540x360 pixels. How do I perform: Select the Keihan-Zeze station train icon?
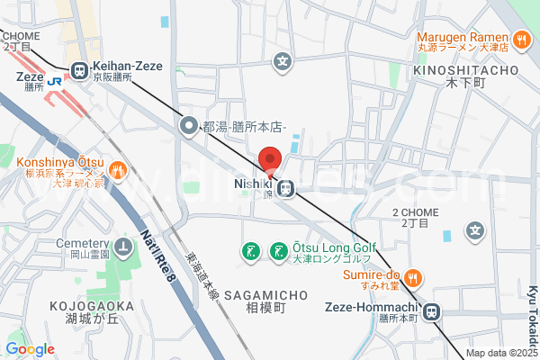79,68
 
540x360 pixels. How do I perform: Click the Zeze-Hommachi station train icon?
432,311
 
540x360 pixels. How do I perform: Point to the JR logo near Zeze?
55,80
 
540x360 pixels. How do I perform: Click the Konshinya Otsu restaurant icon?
116,170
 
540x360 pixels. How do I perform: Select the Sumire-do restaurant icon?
410,276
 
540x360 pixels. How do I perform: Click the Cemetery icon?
123,246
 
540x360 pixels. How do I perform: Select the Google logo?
30,349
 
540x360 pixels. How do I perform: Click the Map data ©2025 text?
500,354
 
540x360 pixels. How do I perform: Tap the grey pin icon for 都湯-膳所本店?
189,126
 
